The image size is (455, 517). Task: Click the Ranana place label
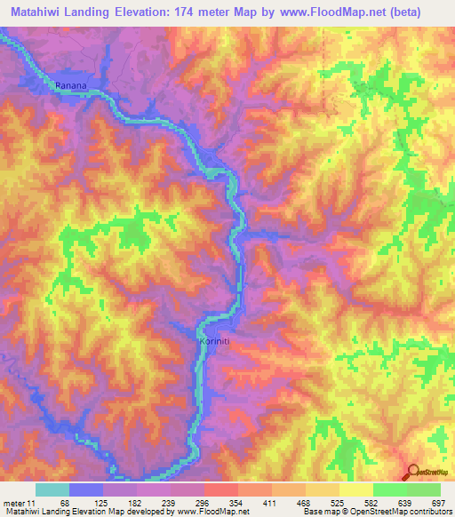[71, 85]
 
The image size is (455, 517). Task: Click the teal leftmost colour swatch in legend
[52, 490]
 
